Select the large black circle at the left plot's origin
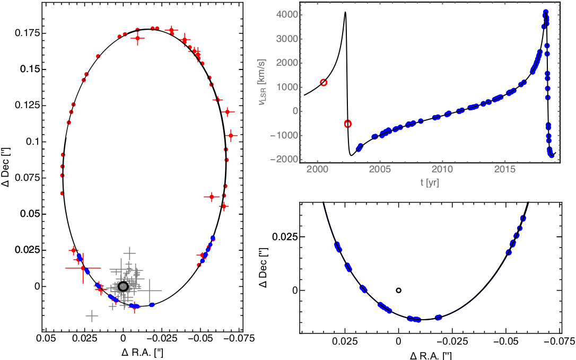pyautogui.click(x=123, y=286)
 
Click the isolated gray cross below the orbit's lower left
pyautogui.click(x=92, y=316)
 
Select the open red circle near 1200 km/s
pyautogui.click(x=324, y=83)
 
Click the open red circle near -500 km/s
pyautogui.click(x=348, y=124)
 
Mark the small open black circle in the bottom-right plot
pyautogui.click(x=398, y=290)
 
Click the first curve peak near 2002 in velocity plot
pyautogui.click(x=345, y=12)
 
